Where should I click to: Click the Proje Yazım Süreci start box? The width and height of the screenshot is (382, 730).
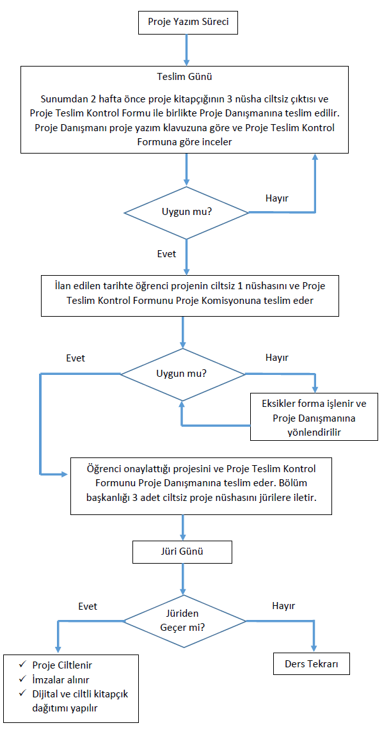[188, 22]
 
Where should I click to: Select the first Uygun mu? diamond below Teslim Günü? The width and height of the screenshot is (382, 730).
[186, 213]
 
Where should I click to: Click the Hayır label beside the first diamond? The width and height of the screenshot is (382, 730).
[276, 198]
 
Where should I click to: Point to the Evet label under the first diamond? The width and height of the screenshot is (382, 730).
[167, 254]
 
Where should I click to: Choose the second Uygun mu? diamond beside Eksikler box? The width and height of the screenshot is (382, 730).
[182, 374]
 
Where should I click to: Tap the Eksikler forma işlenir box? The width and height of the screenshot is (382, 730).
[314, 417]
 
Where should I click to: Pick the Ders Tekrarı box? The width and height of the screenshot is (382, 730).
[311, 664]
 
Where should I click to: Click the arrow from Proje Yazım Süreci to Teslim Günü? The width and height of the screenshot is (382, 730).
[187, 50]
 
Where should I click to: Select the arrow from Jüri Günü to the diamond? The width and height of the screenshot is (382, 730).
[182, 579]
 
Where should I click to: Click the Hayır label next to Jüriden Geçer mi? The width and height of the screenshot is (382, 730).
[283, 606]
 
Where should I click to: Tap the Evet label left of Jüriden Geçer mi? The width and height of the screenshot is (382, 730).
[88, 606]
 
